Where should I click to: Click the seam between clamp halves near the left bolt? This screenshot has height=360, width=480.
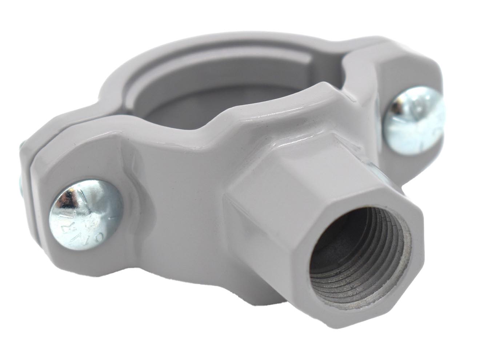pyautogui.click(x=33, y=167)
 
